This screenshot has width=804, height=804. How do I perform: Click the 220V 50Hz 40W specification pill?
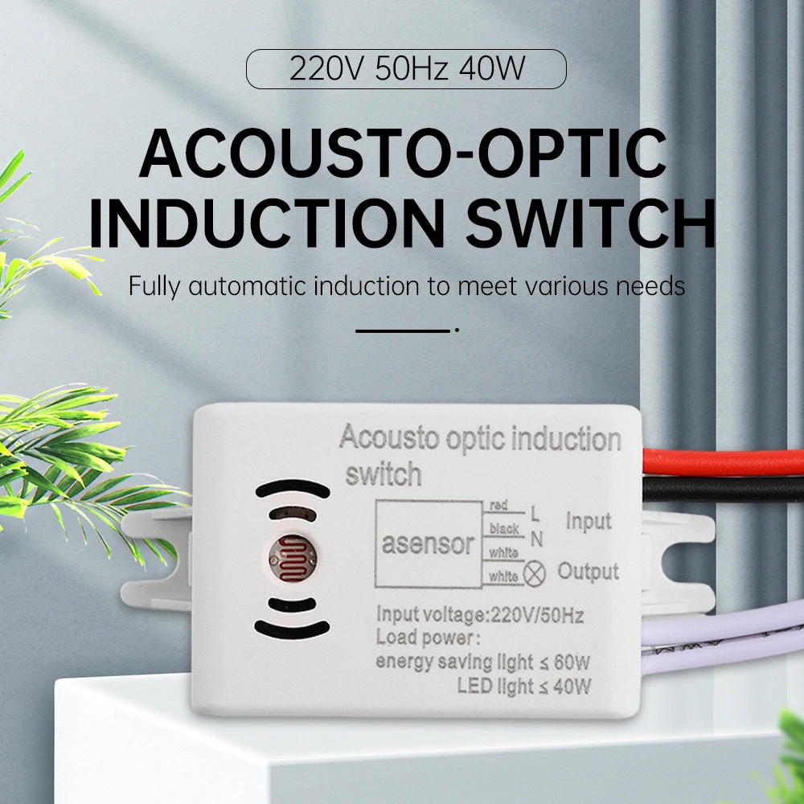pyautogui.click(x=406, y=69)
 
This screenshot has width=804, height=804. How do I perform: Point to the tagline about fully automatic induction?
pyautogui.click(x=407, y=286)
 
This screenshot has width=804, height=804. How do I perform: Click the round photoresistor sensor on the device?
pyautogui.click(x=290, y=555)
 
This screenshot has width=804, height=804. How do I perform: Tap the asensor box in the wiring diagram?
pyautogui.click(x=428, y=544)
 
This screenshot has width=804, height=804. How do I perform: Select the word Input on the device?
pyautogui.click(x=589, y=521)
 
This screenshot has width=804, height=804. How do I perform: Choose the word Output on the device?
pyautogui.click(x=589, y=572)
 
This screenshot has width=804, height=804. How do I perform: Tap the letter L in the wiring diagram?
pyautogui.click(x=535, y=512)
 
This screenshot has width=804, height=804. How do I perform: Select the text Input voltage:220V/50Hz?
pyautogui.click(x=480, y=616)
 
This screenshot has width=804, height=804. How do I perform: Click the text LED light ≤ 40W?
pyautogui.click(x=523, y=687)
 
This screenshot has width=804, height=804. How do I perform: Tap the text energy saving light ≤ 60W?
pyautogui.click(x=483, y=662)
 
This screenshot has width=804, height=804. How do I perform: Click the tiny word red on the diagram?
pyautogui.click(x=498, y=505)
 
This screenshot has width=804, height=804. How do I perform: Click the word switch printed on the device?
pyautogui.click(x=384, y=474)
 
